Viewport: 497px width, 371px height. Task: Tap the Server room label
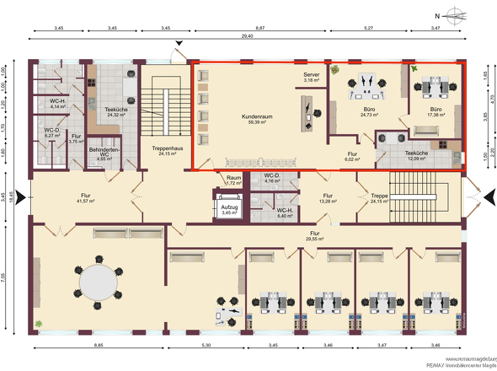(x=312, y=78)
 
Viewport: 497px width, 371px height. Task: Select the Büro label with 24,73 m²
(x=369, y=111)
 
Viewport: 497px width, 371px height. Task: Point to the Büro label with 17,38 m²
(x=435, y=111)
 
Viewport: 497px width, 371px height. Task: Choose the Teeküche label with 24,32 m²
(x=116, y=112)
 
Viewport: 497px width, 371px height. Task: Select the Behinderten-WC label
(x=103, y=149)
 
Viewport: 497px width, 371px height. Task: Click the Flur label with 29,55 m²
(x=314, y=235)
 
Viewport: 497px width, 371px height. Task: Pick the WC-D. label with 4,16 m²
(x=272, y=179)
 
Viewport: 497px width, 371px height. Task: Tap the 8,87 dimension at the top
(x=262, y=29)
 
